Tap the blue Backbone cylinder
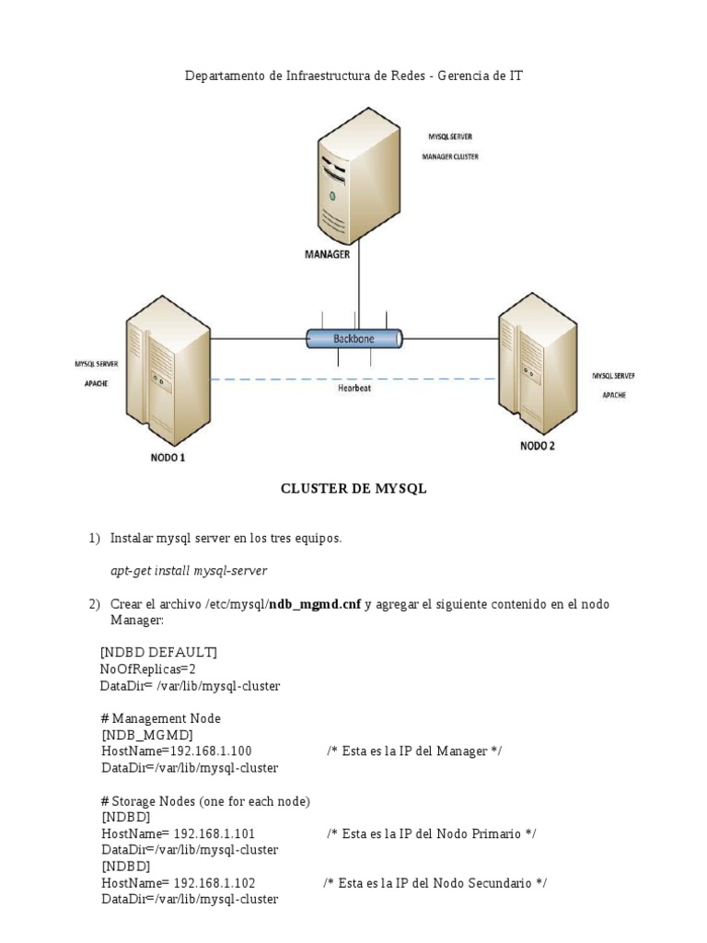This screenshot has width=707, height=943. [353, 339]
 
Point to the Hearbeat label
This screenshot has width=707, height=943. [353, 388]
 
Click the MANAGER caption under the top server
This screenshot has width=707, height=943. [327, 255]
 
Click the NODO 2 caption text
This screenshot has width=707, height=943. [539, 447]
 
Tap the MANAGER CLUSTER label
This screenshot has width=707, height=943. [450, 157]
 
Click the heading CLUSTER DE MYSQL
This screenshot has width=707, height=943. [353, 490]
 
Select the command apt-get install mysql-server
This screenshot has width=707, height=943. [189, 571]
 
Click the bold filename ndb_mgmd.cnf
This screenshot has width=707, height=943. [314, 604]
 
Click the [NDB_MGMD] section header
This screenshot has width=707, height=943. [146, 735]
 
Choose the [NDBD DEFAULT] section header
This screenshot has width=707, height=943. [158, 653]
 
